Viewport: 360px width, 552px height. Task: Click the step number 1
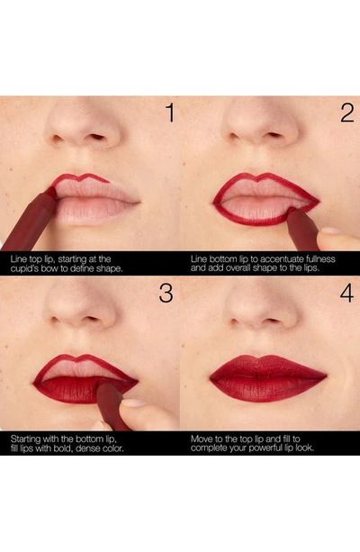170,113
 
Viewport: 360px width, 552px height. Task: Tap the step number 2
347,113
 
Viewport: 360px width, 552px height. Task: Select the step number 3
166,293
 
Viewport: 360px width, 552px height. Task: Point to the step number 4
346,293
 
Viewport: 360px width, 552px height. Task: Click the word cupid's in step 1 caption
24,268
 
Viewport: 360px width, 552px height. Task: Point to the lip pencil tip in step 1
52,192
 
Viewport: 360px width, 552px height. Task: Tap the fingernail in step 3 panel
133,403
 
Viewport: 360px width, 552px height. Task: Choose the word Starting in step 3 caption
26,439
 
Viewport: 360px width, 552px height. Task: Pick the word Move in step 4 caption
201,439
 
